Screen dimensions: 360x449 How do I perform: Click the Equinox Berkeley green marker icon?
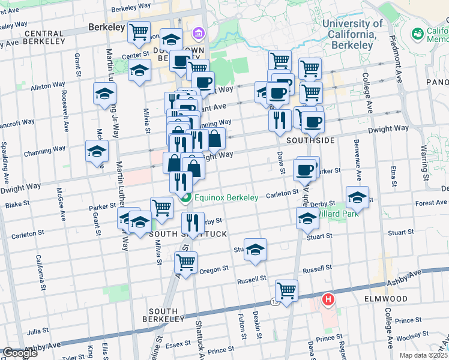tap(185, 197)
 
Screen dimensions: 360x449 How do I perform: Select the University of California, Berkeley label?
tap(352, 34)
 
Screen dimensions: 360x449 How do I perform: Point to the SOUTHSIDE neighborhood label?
tap(310, 140)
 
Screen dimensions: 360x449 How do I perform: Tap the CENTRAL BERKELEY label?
tap(53, 34)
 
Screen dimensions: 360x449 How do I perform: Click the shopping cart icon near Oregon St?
tap(186, 262)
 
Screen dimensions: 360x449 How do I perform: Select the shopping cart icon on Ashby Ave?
tap(287, 290)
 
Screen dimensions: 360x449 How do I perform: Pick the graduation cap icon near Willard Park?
tap(357, 196)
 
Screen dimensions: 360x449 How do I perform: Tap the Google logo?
tap(20, 353)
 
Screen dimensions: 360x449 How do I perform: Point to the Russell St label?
tap(252, 280)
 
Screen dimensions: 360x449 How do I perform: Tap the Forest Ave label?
tap(430, 203)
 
